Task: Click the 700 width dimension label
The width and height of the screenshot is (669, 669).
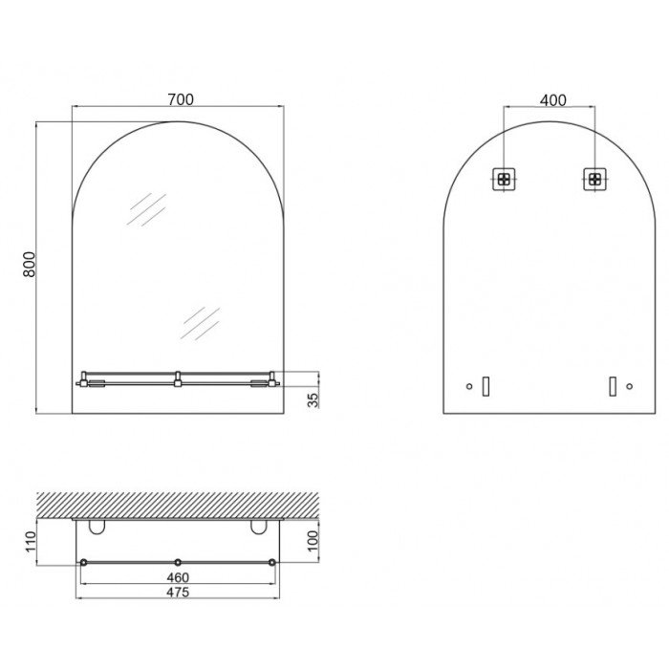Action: pos(181,99)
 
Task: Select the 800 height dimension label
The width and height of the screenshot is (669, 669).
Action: pos(30,265)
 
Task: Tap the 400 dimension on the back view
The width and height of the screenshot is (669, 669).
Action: pos(553,100)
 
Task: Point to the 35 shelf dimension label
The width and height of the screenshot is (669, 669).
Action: pos(313,399)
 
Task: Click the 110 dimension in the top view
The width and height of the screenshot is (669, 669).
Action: pos(31,542)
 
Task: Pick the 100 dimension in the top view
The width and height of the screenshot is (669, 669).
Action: pos(313,541)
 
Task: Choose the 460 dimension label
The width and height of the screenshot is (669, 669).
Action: pos(178,577)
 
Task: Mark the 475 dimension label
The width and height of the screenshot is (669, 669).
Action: pos(178,593)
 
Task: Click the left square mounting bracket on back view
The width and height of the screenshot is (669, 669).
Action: pos(504,180)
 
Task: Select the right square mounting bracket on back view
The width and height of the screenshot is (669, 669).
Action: pos(594,180)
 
